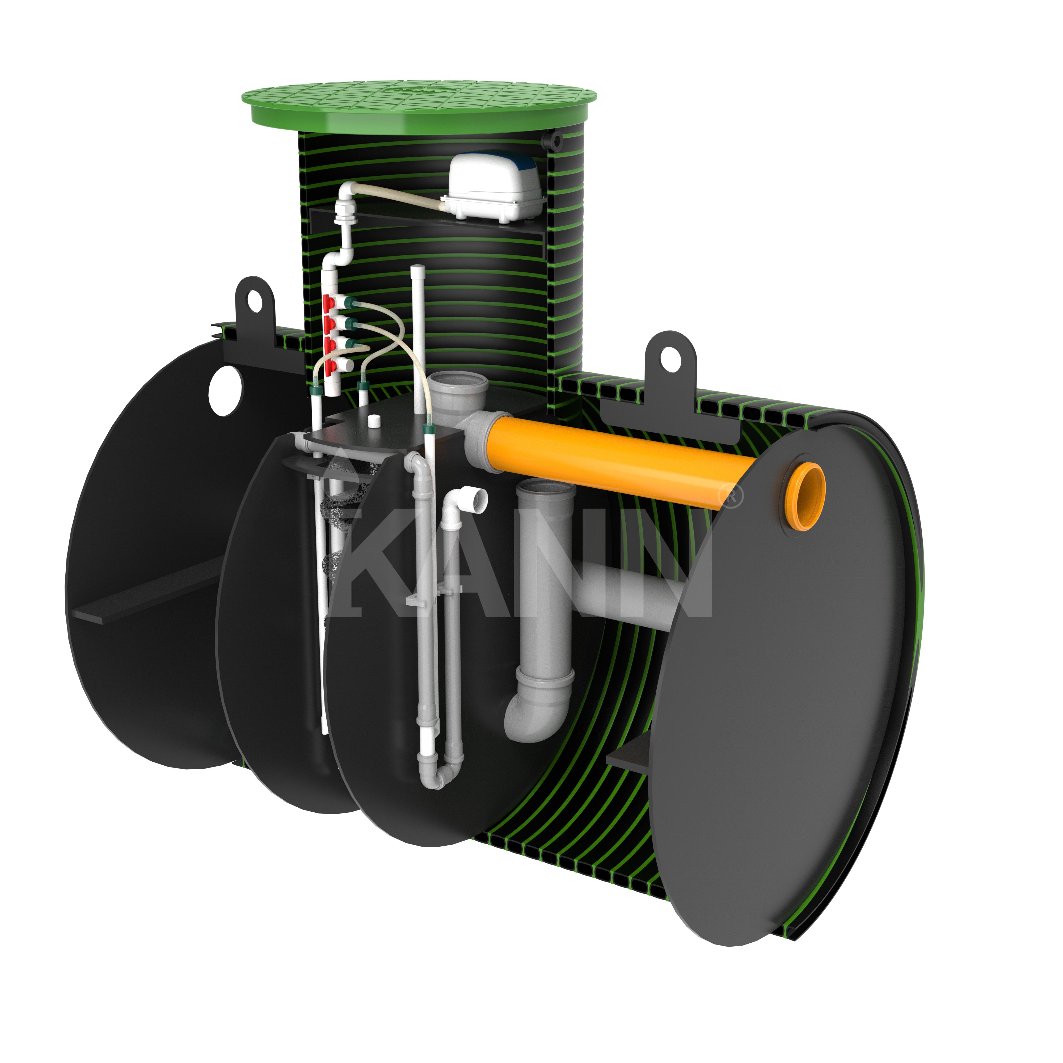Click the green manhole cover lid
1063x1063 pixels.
point(419,103)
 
